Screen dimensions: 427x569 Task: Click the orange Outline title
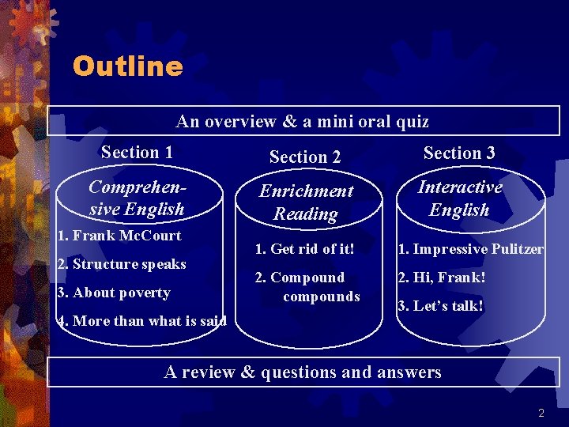[127, 66]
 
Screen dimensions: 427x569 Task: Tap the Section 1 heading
[137, 152]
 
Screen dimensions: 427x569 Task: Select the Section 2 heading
[305, 157]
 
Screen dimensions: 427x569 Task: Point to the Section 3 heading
[459, 153]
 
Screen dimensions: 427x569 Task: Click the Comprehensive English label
[137, 198]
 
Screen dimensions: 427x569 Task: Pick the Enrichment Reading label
[306, 202]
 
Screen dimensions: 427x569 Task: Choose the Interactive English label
[459, 198]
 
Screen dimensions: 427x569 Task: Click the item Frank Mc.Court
[119, 235]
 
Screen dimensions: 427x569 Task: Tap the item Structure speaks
[122, 264]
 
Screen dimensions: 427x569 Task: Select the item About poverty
[114, 293]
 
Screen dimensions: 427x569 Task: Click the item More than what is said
[142, 321]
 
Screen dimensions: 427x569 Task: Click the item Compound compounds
[307, 287]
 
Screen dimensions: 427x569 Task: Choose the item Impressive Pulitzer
[470, 249]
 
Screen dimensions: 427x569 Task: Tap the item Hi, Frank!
[441, 278]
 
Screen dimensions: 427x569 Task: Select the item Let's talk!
[440, 306]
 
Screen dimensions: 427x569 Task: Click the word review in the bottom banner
[217, 372]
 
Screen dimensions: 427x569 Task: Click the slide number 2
[541, 413]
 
